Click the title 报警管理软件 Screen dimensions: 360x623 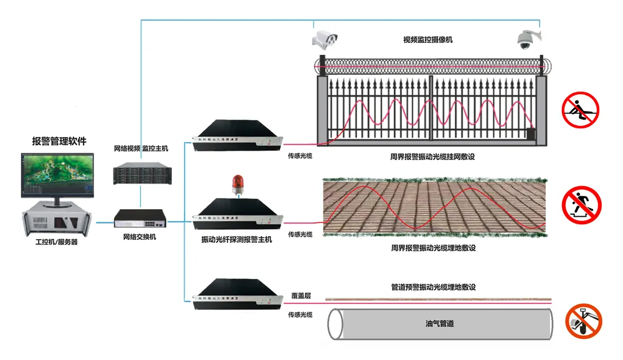59,141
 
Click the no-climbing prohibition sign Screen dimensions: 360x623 580,109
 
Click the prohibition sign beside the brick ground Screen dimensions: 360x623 581,205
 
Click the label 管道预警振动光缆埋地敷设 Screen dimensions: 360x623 433,287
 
